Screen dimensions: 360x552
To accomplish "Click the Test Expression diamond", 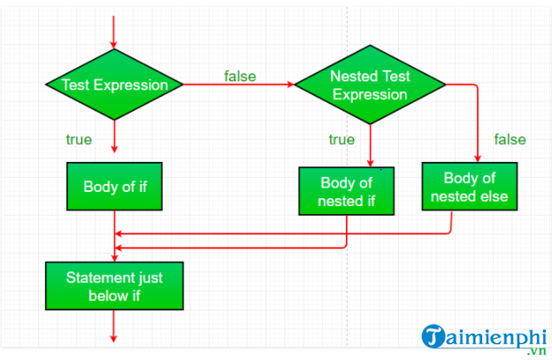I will point(114,85).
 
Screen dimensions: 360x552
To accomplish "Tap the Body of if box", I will point(114,187).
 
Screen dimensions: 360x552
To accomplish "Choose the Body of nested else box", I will point(469,186).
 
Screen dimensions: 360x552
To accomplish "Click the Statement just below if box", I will point(114,286).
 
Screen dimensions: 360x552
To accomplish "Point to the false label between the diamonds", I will point(240,76).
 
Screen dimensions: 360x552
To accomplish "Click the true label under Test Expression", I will point(80,139).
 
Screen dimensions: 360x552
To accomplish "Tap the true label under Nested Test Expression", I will point(341,139).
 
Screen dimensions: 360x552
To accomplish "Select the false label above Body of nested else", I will point(510,139).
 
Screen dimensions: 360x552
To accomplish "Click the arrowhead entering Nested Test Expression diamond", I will point(289,85).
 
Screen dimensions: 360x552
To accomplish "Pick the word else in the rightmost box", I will point(494,195).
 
